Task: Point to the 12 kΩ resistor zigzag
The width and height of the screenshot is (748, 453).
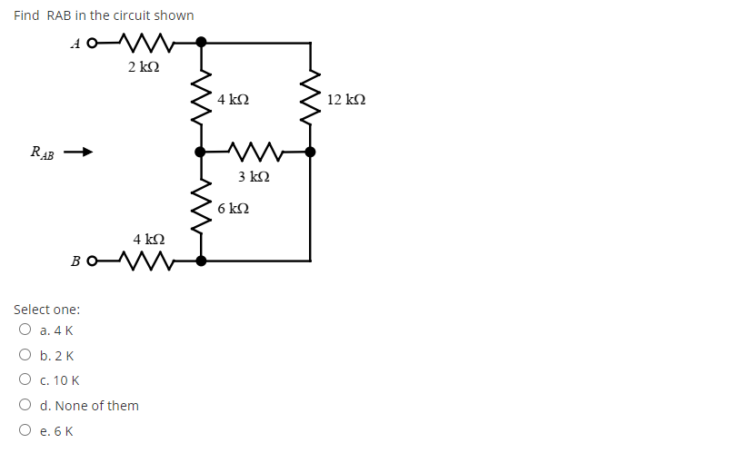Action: pyautogui.click(x=311, y=98)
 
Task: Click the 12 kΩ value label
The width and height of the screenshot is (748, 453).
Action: pyautogui.click(x=347, y=99)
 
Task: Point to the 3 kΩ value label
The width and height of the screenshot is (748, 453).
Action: pyautogui.click(x=254, y=176)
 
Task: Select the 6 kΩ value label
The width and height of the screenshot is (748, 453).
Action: pyautogui.click(x=234, y=209)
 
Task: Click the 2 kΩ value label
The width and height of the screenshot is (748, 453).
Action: pyautogui.click(x=144, y=67)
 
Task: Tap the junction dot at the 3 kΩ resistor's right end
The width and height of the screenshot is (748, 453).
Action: pyautogui.click(x=311, y=153)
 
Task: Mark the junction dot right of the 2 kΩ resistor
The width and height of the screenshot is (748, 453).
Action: pyautogui.click(x=201, y=42)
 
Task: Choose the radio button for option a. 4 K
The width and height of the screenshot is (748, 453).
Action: pyautogui.click(x=25, y=330)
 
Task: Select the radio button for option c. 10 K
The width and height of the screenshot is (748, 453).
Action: pyautogui.click(x=25, y=380)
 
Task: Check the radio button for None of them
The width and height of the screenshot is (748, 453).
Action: pyautogui.click(x=25, y=406)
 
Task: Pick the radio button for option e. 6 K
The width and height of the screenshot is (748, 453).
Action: pyautogui.click(x=25, y=431)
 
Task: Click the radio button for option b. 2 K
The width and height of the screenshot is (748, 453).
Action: pyautogui.click(x=25, y=356)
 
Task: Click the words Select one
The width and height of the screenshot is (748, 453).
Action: pyautogui.click(x=46, y=310)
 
